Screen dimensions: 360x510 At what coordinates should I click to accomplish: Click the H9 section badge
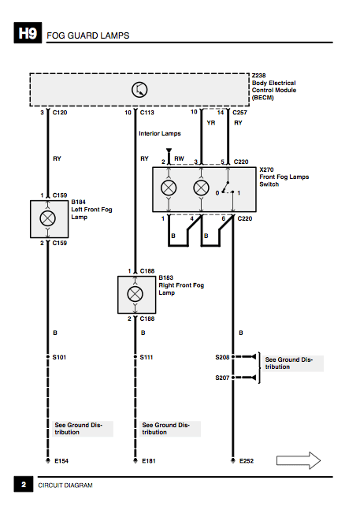[x=28, y=33]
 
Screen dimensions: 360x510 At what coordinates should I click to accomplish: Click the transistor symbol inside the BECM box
[x=139, y=89]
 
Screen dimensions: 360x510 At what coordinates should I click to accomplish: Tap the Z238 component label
[x=258, y=76]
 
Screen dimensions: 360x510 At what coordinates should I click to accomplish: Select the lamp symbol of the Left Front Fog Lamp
[x=48, y=218]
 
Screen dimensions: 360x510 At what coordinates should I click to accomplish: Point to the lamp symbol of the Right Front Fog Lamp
[x=135, y=294]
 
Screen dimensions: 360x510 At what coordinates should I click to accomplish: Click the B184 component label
[x=78, y=202]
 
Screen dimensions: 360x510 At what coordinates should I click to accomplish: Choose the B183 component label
[x=165, y=277]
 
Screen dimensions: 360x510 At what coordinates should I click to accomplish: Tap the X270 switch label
[x=266, y=169]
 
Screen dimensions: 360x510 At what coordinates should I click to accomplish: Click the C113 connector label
[x=147, y=113]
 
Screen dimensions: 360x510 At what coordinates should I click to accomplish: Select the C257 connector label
[x=239, y=113]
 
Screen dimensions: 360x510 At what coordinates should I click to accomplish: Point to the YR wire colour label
[x=211, y=123]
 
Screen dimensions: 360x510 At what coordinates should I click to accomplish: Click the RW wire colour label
[x=179, y=158]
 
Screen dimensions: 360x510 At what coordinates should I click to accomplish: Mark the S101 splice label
[x=59, y=357]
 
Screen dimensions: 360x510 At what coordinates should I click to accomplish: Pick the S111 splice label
[x=147, y=357]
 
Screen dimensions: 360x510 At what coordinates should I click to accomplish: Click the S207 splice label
[x=222, y=378]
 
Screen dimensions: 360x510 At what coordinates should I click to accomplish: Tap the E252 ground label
[x=247, y=461]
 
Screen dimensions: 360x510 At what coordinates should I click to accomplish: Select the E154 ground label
[x=61, y=461]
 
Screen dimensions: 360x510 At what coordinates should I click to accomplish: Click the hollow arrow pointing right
[x=299, y=460]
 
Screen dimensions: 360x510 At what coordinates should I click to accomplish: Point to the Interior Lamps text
[x=160, y=133]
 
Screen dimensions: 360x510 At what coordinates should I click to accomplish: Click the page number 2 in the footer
[x=24, y=485]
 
